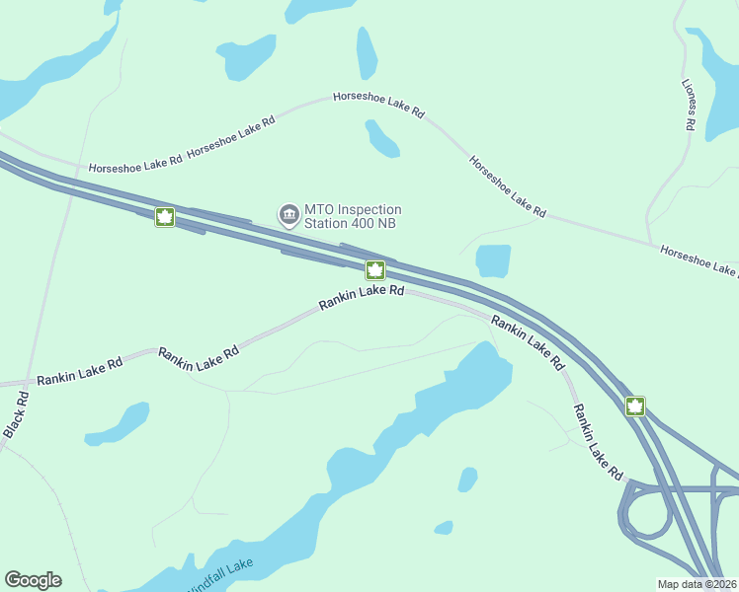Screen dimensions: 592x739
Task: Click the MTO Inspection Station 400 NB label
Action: (x=353, y=215)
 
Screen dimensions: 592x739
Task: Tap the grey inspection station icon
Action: (x=288, y=214)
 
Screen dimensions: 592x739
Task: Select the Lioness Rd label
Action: (x=690, y=107)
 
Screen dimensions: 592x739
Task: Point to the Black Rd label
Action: (x=15, y=415)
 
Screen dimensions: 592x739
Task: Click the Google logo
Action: (x=33, y=580)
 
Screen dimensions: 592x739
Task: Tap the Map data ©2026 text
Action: (x=697, y=584)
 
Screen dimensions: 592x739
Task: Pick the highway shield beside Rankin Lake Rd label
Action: (x=375, y=270)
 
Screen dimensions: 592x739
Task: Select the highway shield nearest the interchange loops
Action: (x=634, y=406)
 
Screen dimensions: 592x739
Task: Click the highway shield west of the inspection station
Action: (x=165, y=217)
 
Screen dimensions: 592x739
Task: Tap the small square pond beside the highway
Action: (x=493, y=261)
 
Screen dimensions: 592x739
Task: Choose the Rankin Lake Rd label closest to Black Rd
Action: (x=80, y=371)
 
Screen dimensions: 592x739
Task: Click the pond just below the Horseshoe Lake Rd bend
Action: (x=382, y=139)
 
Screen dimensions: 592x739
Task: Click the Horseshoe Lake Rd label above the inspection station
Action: (x=378, y=105)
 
